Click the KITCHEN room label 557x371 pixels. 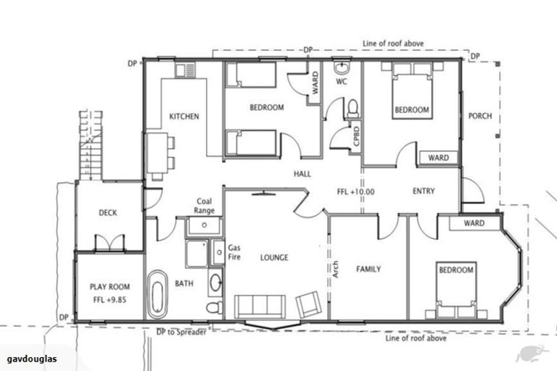pos(184,116)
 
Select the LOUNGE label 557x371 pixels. pos(275,257)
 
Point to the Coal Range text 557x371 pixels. pos(204,206)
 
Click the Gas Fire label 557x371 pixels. pos(234,251)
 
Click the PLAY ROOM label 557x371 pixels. pos(108,291)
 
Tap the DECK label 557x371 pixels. pos(108,212)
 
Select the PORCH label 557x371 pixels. pos(479,116)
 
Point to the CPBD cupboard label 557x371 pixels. pos(357,138)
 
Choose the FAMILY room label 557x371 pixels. pos(368,269)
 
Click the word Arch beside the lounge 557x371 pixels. pos(335,269)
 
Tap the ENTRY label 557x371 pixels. pos(424,191)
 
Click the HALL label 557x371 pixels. pos(302,175)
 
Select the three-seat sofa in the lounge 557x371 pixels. pos(260,306)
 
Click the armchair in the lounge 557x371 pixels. pos(308,304)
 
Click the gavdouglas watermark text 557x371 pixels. pos(33,359)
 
